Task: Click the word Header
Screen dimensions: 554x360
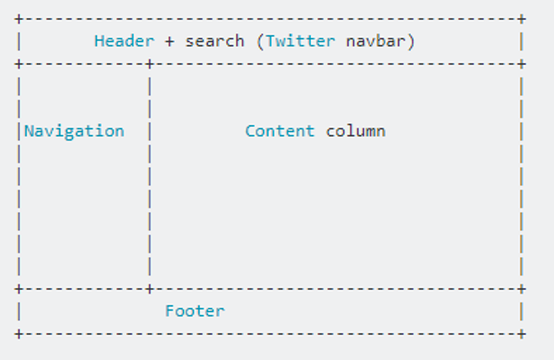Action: (x=124, y=40)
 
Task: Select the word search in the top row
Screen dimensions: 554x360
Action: (x=214, y=41)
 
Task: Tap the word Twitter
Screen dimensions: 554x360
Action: (x=300, y=40)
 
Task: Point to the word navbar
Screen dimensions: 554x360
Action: (x=376, y=40)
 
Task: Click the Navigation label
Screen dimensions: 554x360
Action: (x=74, y=131)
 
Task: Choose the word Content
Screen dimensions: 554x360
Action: (x=280, y=130)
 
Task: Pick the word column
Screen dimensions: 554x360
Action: (x=356, y=130)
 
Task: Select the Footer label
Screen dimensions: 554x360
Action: (x=195, y=310)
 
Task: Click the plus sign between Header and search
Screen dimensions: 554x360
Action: (x=169, y=41)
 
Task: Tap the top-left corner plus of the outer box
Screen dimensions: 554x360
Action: (x=19, y=19)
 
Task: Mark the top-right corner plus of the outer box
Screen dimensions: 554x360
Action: (x=522, y=19)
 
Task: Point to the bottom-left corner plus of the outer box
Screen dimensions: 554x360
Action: (x=19, y=334)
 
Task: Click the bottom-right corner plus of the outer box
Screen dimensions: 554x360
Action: (x=522, y=334)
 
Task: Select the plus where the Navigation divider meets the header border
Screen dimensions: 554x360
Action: (x=150, y=64)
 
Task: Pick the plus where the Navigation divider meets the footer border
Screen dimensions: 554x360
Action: (x=150, y=289)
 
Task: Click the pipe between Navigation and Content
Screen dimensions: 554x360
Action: (x=150, y=131)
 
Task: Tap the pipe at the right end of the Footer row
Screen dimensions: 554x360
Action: (x=522, y=311)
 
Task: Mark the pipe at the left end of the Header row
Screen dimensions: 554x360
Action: (x=19, y=41)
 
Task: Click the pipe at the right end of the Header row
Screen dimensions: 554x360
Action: (x=522, y=41)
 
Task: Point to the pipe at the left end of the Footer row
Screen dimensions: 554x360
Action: (x=19, y=311)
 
